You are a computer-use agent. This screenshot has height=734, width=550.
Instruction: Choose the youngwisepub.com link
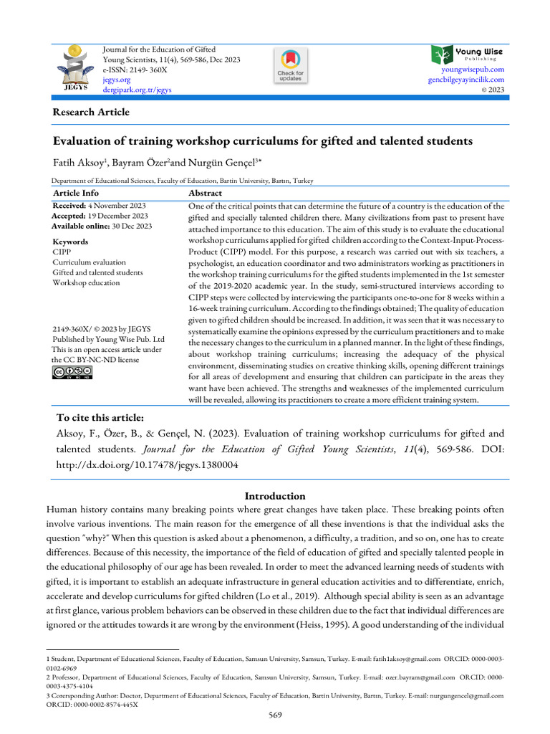tap(473, 70)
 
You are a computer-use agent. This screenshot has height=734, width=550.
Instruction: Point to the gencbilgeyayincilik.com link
tap(466, 80)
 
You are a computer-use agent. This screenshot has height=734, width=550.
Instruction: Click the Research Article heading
tap(91, 112)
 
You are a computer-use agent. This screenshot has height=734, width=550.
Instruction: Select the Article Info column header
tap(76, 193)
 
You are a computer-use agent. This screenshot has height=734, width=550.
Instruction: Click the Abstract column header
tap(205, 193)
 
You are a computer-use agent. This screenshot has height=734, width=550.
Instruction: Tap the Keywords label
tap(70, 242)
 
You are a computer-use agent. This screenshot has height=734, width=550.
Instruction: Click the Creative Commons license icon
tap(72, 371)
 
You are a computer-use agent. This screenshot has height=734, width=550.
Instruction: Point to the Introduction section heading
tap(275, 496)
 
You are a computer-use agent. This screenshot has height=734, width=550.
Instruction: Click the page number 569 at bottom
tap(275, 715)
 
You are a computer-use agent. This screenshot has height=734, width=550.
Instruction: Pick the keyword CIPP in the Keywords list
tap(62, 252)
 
